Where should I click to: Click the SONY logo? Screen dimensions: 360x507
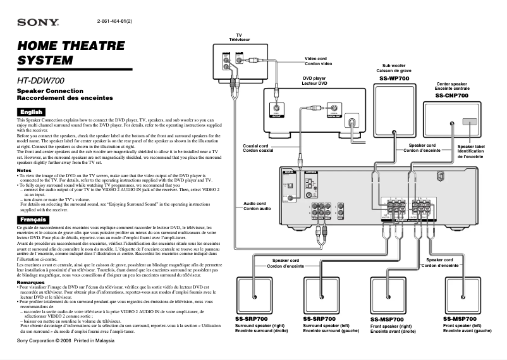pos(37,23)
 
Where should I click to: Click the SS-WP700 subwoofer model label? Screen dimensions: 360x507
pos(394,78)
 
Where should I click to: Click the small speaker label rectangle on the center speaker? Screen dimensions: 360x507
pos(470,121)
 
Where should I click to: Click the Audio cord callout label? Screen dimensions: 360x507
pos(257,206)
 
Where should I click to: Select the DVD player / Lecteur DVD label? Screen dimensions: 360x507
pos(314,81)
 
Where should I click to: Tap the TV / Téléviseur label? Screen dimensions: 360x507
pos(239,37)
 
